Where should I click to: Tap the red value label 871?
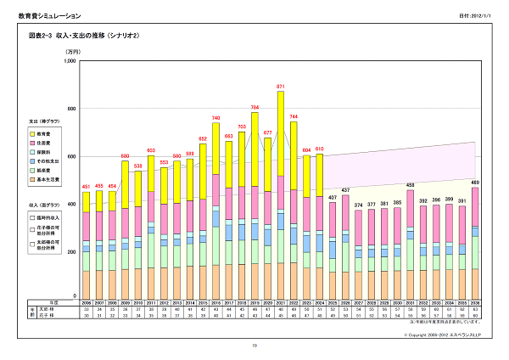tap(280, 87)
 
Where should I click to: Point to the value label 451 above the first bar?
tap(85, 187)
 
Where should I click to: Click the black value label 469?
tap(474, 183)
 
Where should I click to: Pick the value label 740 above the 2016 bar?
tap(216, 118)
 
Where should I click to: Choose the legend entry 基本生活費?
tap(48, 192)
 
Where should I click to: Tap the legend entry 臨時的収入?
tap(48, 218)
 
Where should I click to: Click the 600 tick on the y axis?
tap(71, 156)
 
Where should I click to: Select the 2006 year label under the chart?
tap(85, 302)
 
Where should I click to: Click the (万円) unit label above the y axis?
tap(71, 53)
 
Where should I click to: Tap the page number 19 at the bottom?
tap(254, 346)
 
